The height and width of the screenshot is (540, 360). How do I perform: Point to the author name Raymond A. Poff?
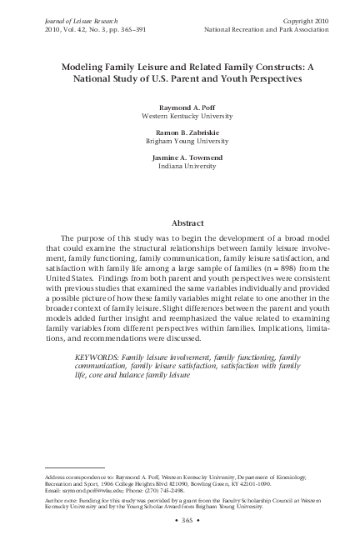179,107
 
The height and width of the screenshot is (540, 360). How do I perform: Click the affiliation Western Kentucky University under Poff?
179,117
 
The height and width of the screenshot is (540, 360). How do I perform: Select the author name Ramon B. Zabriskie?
179,133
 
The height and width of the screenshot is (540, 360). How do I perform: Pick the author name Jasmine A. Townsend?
179,158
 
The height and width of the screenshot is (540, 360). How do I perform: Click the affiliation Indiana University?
179,167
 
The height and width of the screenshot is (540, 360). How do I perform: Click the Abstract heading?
179,223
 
